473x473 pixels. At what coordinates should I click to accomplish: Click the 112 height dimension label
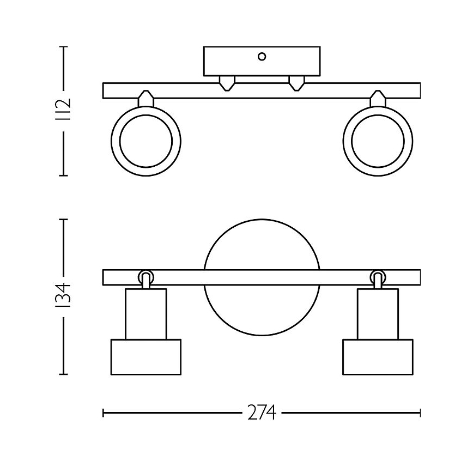click(64, 111)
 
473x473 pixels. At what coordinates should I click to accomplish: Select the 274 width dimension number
click(262, 414)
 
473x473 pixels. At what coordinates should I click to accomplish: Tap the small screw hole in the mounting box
click(262, 56)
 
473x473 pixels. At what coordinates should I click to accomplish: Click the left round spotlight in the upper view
click(145, 141)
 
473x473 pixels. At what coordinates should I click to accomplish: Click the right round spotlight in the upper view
click(378, 141)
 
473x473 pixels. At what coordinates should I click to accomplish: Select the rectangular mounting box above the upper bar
click(262, 62)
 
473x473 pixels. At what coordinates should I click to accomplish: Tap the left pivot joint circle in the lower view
click(145, 276)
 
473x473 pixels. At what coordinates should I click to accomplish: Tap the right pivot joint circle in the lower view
click(378, 276)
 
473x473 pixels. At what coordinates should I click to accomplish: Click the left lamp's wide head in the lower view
click(145, 357)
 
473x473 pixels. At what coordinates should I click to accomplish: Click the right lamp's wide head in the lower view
click(378, 357)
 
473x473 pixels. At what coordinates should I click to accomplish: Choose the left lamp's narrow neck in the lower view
click(145, 314)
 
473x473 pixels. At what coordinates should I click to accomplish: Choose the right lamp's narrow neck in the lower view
click(378, 314)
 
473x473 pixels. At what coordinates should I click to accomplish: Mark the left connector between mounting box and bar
click(227, 83)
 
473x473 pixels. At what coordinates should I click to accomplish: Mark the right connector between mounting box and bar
click(296, 83)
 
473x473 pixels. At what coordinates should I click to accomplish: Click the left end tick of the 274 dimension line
click(104, 414)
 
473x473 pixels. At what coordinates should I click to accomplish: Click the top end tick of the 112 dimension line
click(64, 47)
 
